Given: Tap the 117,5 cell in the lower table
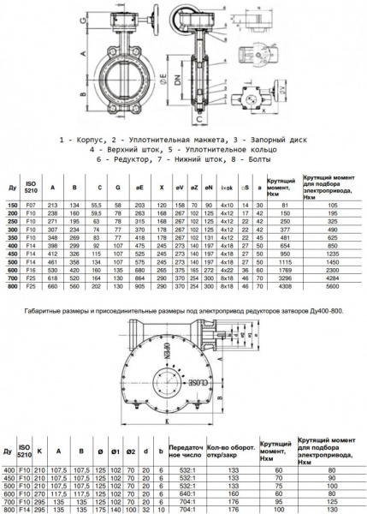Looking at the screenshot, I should [80, 493].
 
